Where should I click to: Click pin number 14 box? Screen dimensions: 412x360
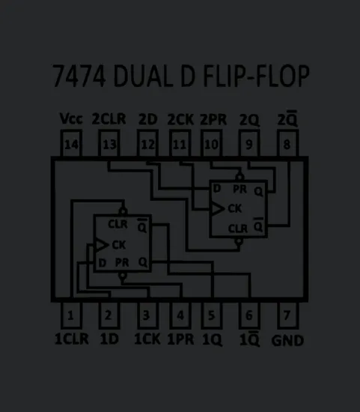click(x=70, y=145)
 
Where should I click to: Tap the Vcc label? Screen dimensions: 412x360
click(x=70, y=119)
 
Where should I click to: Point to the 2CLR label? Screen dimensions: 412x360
click(x=109, y=119)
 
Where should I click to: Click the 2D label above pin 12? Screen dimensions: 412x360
click(x=147, y=119)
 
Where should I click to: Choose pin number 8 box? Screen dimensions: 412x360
click(x=287, y=145)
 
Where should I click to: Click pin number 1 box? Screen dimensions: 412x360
click(x=70, y=315)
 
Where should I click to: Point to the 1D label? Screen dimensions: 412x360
click(x=109, y=339)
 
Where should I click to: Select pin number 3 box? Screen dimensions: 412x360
click(x=147, y=315)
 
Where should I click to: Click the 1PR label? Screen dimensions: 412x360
click(x=180, y=339)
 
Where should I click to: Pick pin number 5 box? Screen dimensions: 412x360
click(x=214, y=315)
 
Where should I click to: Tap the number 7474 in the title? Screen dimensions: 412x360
click(x=80, y=78)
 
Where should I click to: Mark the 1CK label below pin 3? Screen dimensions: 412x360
click(x=147, y=339)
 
